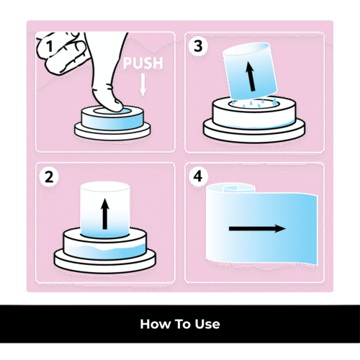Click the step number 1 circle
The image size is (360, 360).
click(49, 46)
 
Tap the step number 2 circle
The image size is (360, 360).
click(49, 177)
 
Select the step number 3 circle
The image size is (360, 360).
click(198, 46)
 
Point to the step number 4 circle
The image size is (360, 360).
click(198, 177)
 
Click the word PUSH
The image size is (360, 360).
click(143, 63)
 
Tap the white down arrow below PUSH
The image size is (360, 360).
click(143, 85)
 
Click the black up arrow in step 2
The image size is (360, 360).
click(105, 214)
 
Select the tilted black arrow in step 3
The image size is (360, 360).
click(251, 76)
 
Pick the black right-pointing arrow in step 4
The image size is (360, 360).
click(257, 228)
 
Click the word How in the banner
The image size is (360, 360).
click(155, 324)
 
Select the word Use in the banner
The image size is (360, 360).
click(207, 324)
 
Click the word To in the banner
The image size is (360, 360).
click(182, 324)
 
